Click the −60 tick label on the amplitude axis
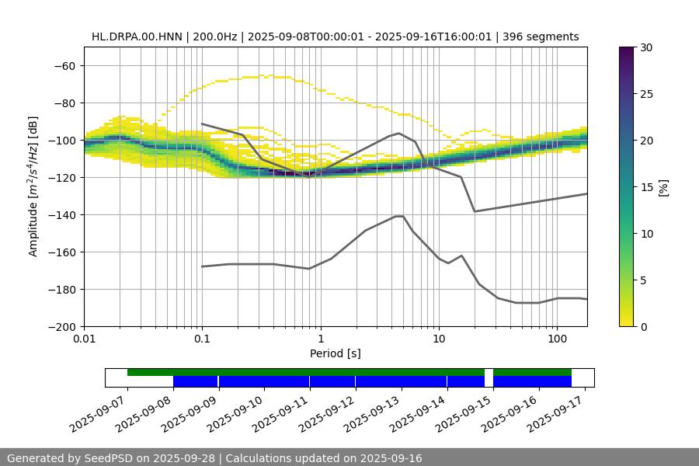point(64,66)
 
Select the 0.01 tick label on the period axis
point(84,339)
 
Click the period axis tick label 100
point(556,339)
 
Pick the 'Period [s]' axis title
point(335,353)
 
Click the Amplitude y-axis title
point(33,186)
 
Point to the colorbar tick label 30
point(646,47)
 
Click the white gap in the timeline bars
point(489,377)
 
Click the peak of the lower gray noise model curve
point(399,216)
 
